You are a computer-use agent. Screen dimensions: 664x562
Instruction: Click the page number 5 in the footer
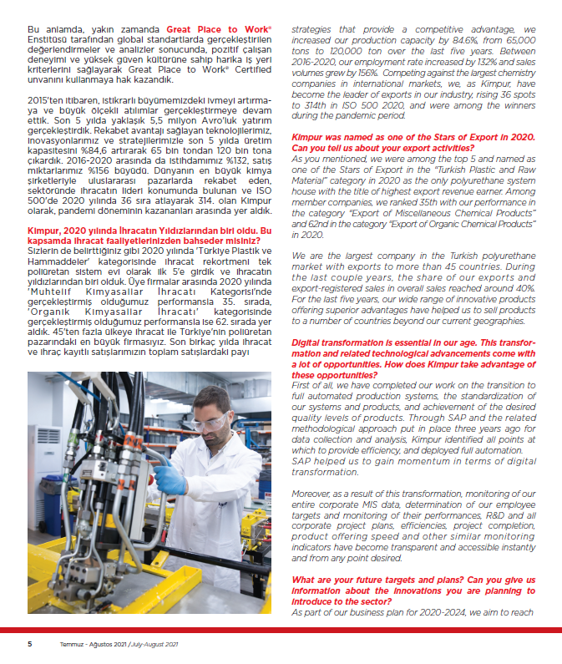(30, 644)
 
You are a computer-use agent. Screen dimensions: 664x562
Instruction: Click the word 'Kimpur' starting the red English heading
(308, 137)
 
